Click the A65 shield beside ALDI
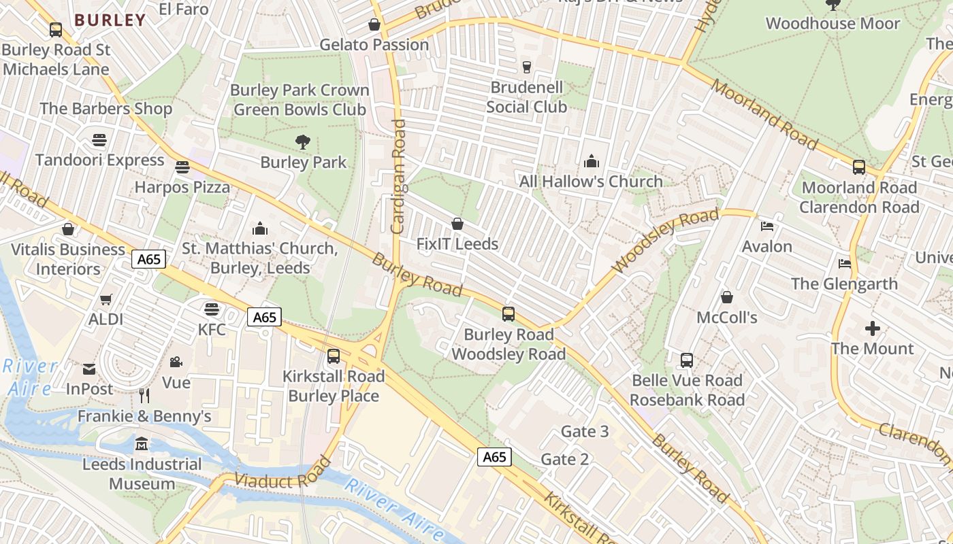pyautogui.click(x=149, y=259)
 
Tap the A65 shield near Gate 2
pyautogui.click(x=494, y=457)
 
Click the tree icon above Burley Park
pyautogui.click(x=303, y=142)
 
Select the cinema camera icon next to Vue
pyautogui.click(x=176, y=362)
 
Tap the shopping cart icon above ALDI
pyautogui.click(x=106, y=299)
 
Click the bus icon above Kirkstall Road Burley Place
pyautogui.click(x=334, y=356)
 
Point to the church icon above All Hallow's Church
pyautogui.click(x=591, y=161)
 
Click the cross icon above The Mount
pyautogui.click(x=872, y=328)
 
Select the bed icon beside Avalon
pyautogui.click(x=767, y=226)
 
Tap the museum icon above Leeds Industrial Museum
pyautogui.click(x=142, y=444)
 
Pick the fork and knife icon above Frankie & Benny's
pyautogui.click(x=144, y=395)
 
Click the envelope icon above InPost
pyautogui.click(x=89, y=369)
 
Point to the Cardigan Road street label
pyautogui.click(x=399, y=177)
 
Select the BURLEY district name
pyautogui.click(x=110, y=20)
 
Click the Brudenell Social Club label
pyautogui.click(x=526, y=97)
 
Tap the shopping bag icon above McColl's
pyautogui.click(x=727, y=297)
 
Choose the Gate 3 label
pyautogui.click(x=584, y=431)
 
